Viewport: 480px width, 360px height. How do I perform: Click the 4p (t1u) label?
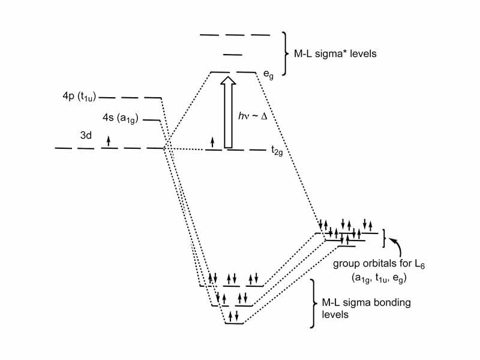[x=74, y=96]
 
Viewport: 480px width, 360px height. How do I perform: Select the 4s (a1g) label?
[x=121, y=118]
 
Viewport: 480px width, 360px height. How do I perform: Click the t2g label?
[x=276, y=153]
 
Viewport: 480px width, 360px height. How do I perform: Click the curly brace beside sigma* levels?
[x=283, y=53]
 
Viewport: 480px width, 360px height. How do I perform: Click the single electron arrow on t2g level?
[x=212, y=142]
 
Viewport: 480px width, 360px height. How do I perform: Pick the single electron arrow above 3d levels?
[x=109, y=141]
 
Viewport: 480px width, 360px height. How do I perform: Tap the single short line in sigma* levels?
[x=232, y=55]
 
